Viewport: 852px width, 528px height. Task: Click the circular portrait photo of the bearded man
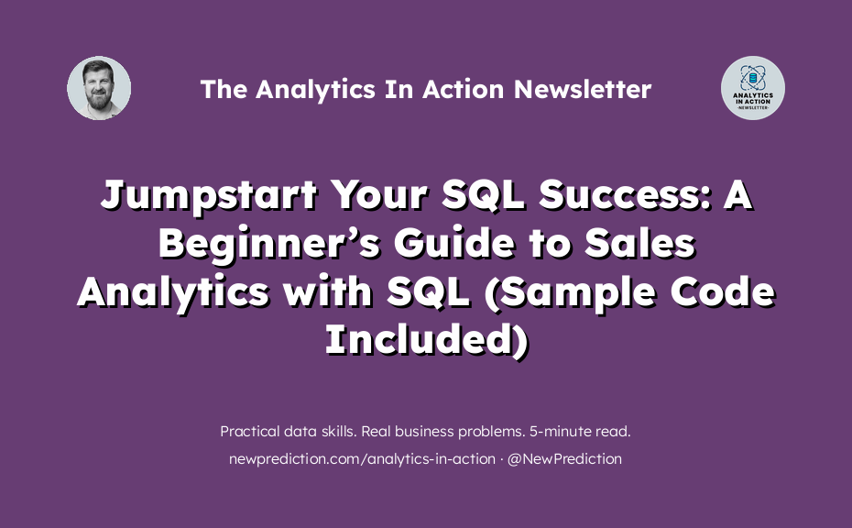point(99,88)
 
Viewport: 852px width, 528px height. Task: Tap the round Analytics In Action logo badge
point(752,88)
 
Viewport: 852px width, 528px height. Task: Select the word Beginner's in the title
point(269,244)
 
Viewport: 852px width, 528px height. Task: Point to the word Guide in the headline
point(454,243)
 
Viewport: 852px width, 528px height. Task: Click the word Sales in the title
point(640,243)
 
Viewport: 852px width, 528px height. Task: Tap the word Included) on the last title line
point(427,340)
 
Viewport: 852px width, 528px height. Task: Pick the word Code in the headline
point(723,291)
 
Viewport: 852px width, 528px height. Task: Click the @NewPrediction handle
point(564,459)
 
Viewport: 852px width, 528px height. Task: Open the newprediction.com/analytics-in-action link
point(362,459)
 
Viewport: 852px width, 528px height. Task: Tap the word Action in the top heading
point(464,89)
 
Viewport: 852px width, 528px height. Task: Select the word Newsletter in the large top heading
point(583,89)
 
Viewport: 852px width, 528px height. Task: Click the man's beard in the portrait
point(98,100)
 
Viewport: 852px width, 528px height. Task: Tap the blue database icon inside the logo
point(752,79)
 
